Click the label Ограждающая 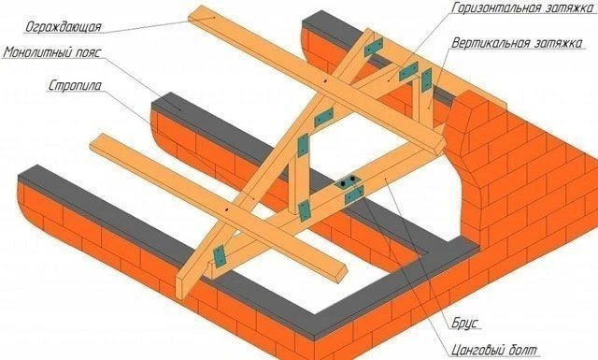point(64,27)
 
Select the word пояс point(87,52)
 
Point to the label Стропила point(75,85)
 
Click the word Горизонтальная point(495,7)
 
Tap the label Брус point(465,323)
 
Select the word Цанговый point(475,350)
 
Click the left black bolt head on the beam point(343,183)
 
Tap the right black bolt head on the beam point(352,179)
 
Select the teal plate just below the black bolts point(354,194)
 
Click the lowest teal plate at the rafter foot point(220,256)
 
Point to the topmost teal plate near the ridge point(373,48)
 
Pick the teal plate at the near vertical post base point(304,210)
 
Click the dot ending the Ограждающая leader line point(214,17)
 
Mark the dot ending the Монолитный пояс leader point(181,108)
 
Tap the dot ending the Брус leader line point(385,178)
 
